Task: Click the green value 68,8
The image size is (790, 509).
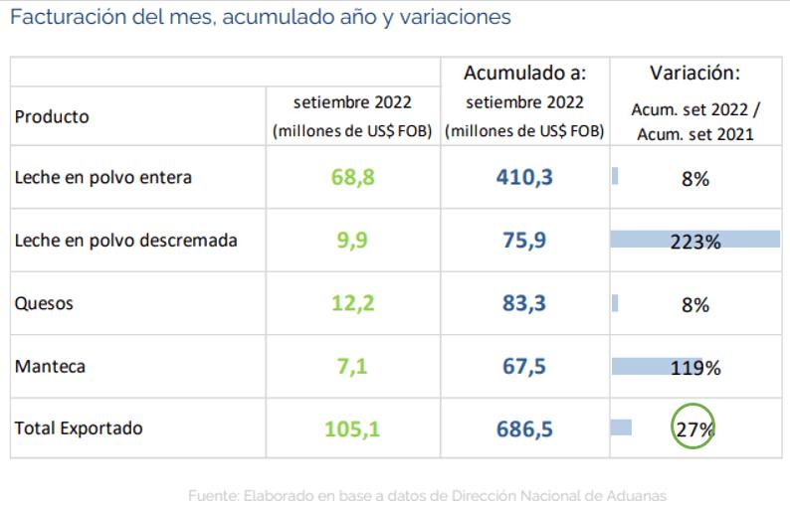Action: pyautogui.click(x=352, y=179)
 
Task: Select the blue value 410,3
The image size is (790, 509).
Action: pyautogui.click(x=524, y=179)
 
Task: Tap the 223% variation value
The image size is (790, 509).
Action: pyautogui.click(x=695, y=242)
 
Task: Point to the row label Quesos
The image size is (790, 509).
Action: pyautogui.click(x=44, y=304)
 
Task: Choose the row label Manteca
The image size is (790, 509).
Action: pyautogui.click(x=51, y=367)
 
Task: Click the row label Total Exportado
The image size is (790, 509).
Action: pyautogui.click(x=79, y=428)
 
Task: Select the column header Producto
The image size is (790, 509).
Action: pyautogui.click(x=52, y=116)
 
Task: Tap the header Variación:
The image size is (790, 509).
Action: pyautogui.click(x=694, y=74)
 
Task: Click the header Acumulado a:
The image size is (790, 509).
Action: pyautogui.click(x=524, y=74)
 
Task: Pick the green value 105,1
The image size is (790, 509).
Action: pyautogui.click(x=352, y=429)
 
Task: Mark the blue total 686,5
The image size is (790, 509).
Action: pyautogui.click(x=524, y=429)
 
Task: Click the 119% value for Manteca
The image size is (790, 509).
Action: pyautogui.click(x=695, y=368)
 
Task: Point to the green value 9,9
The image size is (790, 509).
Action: pyautogui.click(x=352, y=242)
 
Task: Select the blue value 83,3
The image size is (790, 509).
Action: pyautogui.click(x=524, y=304)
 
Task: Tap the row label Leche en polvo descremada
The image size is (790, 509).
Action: pyautogui.click(x=126, y=241)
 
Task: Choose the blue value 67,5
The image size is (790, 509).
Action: pyautogui.click(x=524, y=367)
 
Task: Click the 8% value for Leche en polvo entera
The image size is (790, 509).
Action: pyautogui.click(x=695, y=180)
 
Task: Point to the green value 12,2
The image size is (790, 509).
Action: pyautogui.click(x=352, y=304)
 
